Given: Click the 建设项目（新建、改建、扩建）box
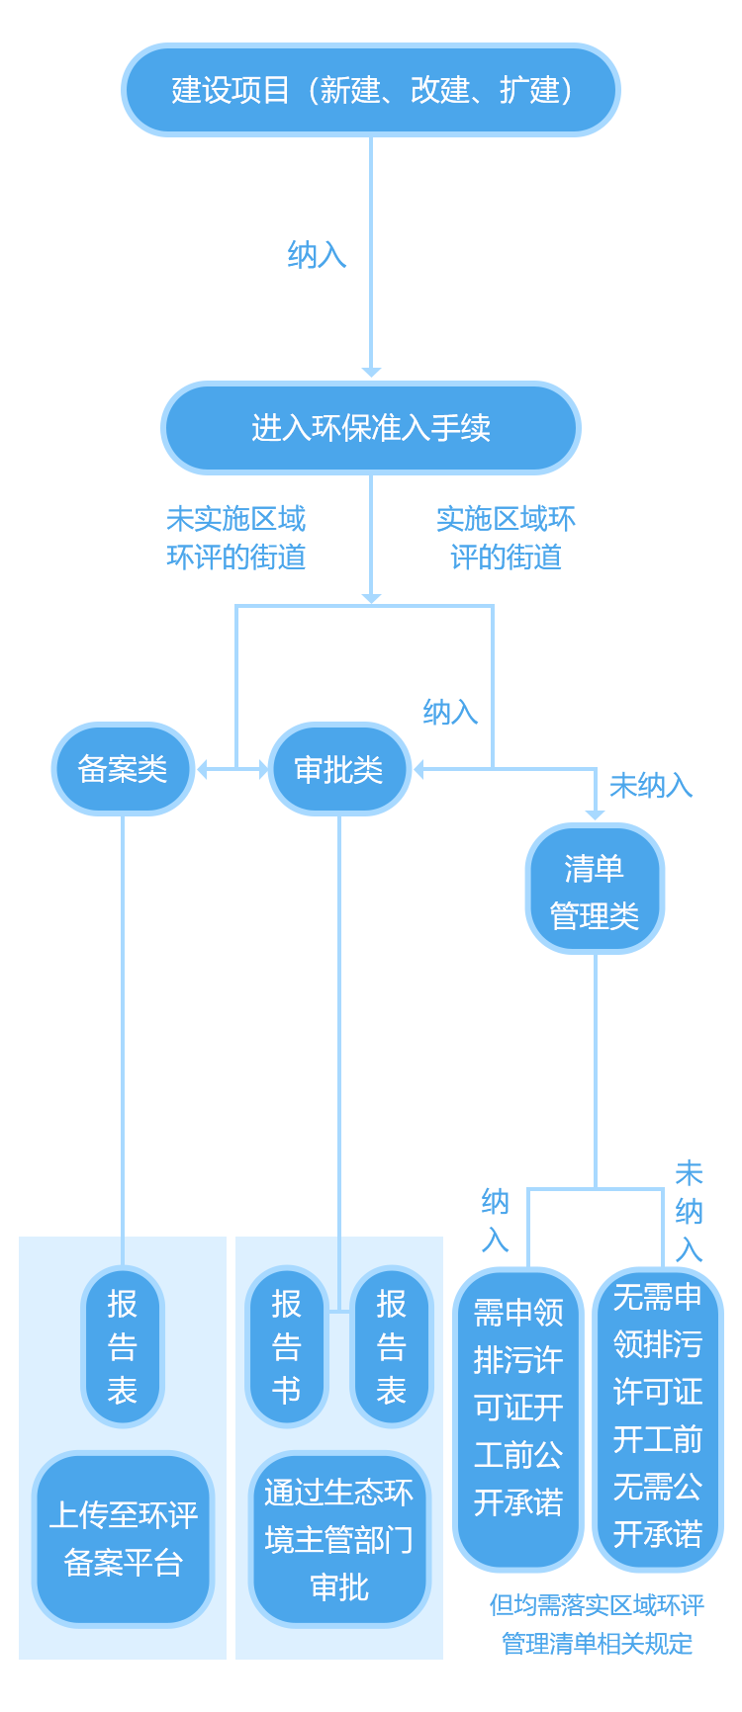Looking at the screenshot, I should point(371,90).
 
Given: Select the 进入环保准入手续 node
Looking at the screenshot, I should point(370,427).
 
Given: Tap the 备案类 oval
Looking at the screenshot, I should point(122,769).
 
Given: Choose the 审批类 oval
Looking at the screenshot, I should point(339,770).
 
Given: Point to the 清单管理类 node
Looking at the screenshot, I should point(595,892).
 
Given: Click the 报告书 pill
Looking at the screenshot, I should point(286,1346).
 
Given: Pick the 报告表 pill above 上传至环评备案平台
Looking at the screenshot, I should point(123,1346).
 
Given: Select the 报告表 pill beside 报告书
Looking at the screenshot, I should point(391,1346).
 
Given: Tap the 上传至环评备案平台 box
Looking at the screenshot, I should point(123,1539).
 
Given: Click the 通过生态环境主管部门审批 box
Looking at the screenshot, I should point(338,1539).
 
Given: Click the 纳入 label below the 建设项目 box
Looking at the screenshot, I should point(318,255).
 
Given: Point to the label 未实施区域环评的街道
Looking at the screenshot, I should point(236,538).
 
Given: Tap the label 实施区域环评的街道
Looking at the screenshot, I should point(506,538).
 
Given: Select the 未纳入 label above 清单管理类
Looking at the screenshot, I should point(651,786).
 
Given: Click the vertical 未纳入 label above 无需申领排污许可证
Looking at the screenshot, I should point(690,1211).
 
